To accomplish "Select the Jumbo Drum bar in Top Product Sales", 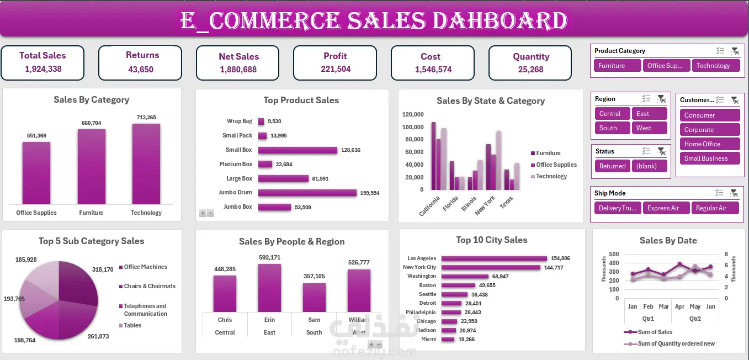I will tap(307, 193).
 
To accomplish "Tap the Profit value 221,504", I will tap(336, 69).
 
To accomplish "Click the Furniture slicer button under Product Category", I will tap(617, 66).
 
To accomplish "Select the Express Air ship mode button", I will tap(666, 208).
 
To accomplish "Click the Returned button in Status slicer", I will tap(613, 166).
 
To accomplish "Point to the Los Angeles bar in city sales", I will tap(494, 258).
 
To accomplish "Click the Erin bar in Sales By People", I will tap(269, 288).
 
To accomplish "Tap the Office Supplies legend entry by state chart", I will tap(556, 165).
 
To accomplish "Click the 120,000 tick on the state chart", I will tap(413, 114).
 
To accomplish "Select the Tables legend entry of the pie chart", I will tap(132, 325).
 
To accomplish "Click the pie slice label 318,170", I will tap(103, 269).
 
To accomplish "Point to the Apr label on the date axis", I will tap(679, 306).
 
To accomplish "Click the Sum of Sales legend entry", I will tap(655, 332).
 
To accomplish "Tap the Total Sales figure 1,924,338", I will tap(43, 69).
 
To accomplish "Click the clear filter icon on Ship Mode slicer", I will tap(735, 193).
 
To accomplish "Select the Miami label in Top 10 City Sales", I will tap(428, 339).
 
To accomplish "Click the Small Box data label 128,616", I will tap(350, 150).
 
